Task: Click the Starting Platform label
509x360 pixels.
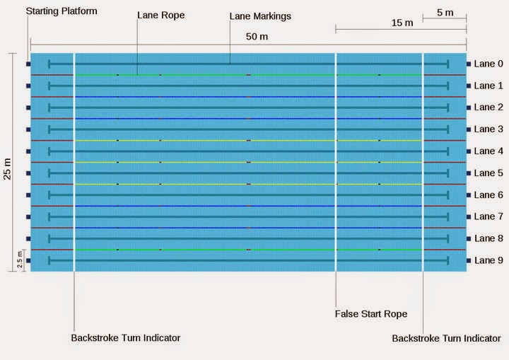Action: [62, 11]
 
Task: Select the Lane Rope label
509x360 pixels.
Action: [160, 16]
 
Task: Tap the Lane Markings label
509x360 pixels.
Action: [260, 16]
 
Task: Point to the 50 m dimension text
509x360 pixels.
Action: [257, 36]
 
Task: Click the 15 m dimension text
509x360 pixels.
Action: [402, 23]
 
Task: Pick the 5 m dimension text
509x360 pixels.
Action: [445, 13]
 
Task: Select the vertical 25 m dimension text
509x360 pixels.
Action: [7, 169]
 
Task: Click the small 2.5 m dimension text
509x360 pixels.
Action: [20, 260]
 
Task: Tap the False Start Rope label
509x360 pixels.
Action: [371, 314]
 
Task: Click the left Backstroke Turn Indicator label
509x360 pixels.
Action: [126, 338]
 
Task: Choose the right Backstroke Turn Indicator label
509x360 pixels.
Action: [446, 338]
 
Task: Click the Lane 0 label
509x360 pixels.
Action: [488, 64]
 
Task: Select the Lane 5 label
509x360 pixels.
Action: [488, 173]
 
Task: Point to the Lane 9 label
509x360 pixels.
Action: [488, 260]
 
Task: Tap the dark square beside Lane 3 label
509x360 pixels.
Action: [469, 129]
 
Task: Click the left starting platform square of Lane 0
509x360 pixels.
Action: [28, 64]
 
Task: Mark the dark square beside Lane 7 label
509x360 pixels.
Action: [469, 217]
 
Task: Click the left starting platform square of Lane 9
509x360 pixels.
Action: [28, 260]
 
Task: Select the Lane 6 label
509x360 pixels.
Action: [488, 195]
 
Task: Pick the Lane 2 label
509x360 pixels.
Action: [488, 108]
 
